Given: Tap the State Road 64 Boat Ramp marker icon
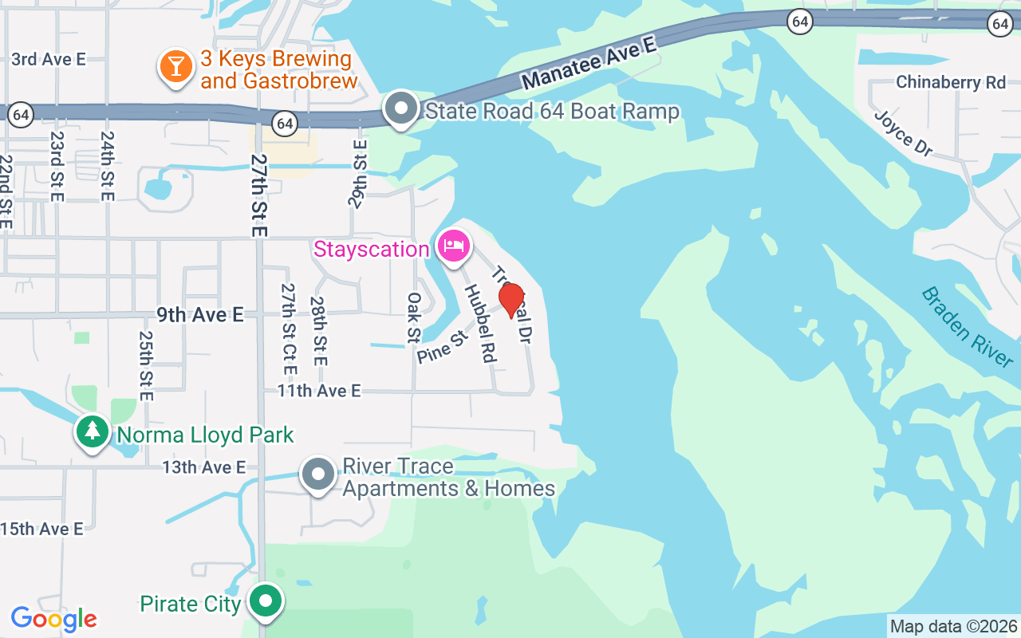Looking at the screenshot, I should pyautogui.click(x=401, y=109).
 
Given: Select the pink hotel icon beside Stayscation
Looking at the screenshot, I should pyautogui.click(x=453, y=246).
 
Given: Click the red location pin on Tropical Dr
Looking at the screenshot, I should pyautogui.click(x=511, y=301).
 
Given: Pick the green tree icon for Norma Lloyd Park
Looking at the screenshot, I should pyautogui.click(x=93, y=432).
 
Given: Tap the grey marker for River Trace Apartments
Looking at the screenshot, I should pyautogui.click(x=318, y=475).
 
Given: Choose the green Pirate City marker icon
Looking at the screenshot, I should pyautogui.click(x=266, y=602).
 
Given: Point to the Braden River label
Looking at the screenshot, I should pyautogui.click(x=967, y=326).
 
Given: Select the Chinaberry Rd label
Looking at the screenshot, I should pyautogui.click(x=951, y=82).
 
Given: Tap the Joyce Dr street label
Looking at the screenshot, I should pyautogui.click(x=903, y=133).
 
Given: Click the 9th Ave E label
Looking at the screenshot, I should pyautogui.click(x=199, y=315).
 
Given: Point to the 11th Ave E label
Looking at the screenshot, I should pyautogui.click(x=319, y=391).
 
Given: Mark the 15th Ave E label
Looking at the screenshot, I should pyautogui.click(x=41, y=529).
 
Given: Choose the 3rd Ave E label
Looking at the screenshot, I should pyautogui.click(x=48, y=59).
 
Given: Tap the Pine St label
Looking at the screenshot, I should pyautogui.click(x=441, y=349).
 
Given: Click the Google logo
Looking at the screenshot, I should pyautogui.click(x=53, y=618).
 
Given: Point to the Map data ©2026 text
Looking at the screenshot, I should pyautogui.click(x=953, y=626).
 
